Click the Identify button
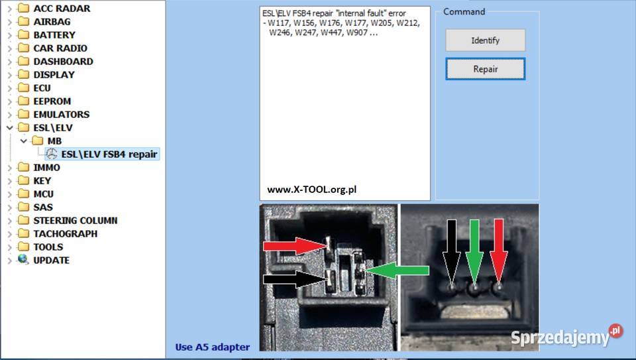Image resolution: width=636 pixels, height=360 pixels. click(x=485, y=40)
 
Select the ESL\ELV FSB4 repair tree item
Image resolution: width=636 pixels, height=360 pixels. click(x=109, y=154)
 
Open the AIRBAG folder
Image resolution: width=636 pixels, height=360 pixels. click(x=52, y=21)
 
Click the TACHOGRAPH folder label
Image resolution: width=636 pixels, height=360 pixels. click(x=66, y=234)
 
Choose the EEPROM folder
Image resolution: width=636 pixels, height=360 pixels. click(x=52, y=101)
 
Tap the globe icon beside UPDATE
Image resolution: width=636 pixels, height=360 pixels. click(x=23, y=259)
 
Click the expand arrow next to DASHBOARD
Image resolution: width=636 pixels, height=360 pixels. click(x=10, y=62)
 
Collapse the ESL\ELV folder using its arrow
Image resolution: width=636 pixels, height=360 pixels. click(x=10, y=128)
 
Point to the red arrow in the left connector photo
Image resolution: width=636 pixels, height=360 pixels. click(x=295, y=246)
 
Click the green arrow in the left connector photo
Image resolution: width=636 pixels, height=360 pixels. click(x=397, y=270)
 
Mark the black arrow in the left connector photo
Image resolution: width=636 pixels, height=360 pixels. click(x=295, y=279)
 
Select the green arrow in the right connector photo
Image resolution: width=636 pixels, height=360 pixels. click(x=474, y=251)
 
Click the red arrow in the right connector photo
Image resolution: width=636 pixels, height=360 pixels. click(x=499, y=251)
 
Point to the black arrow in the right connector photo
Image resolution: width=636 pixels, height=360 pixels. click(x=451, y=251)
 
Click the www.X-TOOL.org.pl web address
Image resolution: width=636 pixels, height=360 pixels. click(x=311, y=190)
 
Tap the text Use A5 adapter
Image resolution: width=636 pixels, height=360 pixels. click(x=213, y=347)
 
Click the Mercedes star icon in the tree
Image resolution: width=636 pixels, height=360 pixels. click(x=52, y=154)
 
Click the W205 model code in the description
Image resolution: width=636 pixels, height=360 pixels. click(x=381, y=23)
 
